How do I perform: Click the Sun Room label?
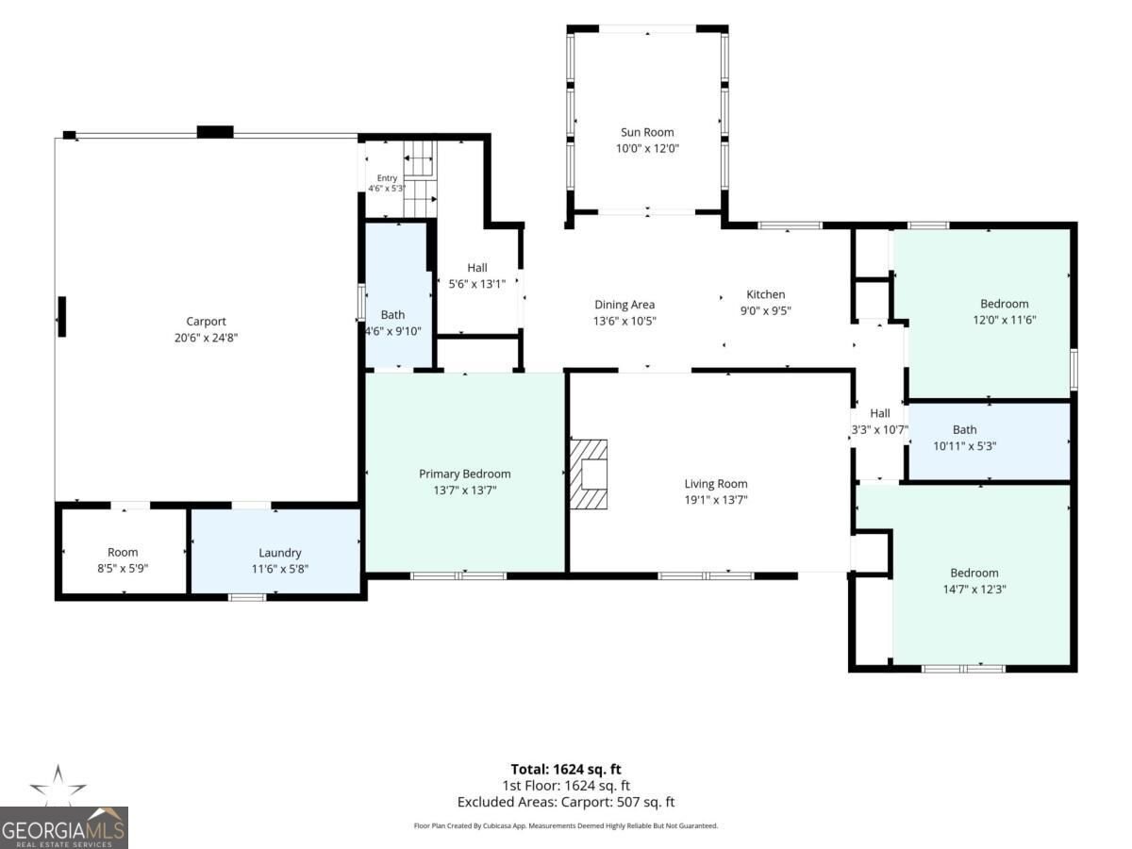(x=647, y=132)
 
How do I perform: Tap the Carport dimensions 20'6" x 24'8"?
(x=206, y=338)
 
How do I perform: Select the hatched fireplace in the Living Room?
(x=589, y=474)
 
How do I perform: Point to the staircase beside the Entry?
(x=421, y=178)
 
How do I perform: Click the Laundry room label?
(x=279, y=553)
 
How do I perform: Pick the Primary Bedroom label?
(x=465, y=474)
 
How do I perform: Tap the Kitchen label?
(x=766, y=294)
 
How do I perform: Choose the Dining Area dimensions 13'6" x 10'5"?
(x=624, y=321)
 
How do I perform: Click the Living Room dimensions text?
(x=716, y=500)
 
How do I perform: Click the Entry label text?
(x=387, y=178)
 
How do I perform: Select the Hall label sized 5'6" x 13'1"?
(x=477, y=268)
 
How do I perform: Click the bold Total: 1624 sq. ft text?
(x=566, y=769)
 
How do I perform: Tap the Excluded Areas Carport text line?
(x=566, y=802)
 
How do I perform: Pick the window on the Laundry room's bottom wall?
(x=247, y=597)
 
